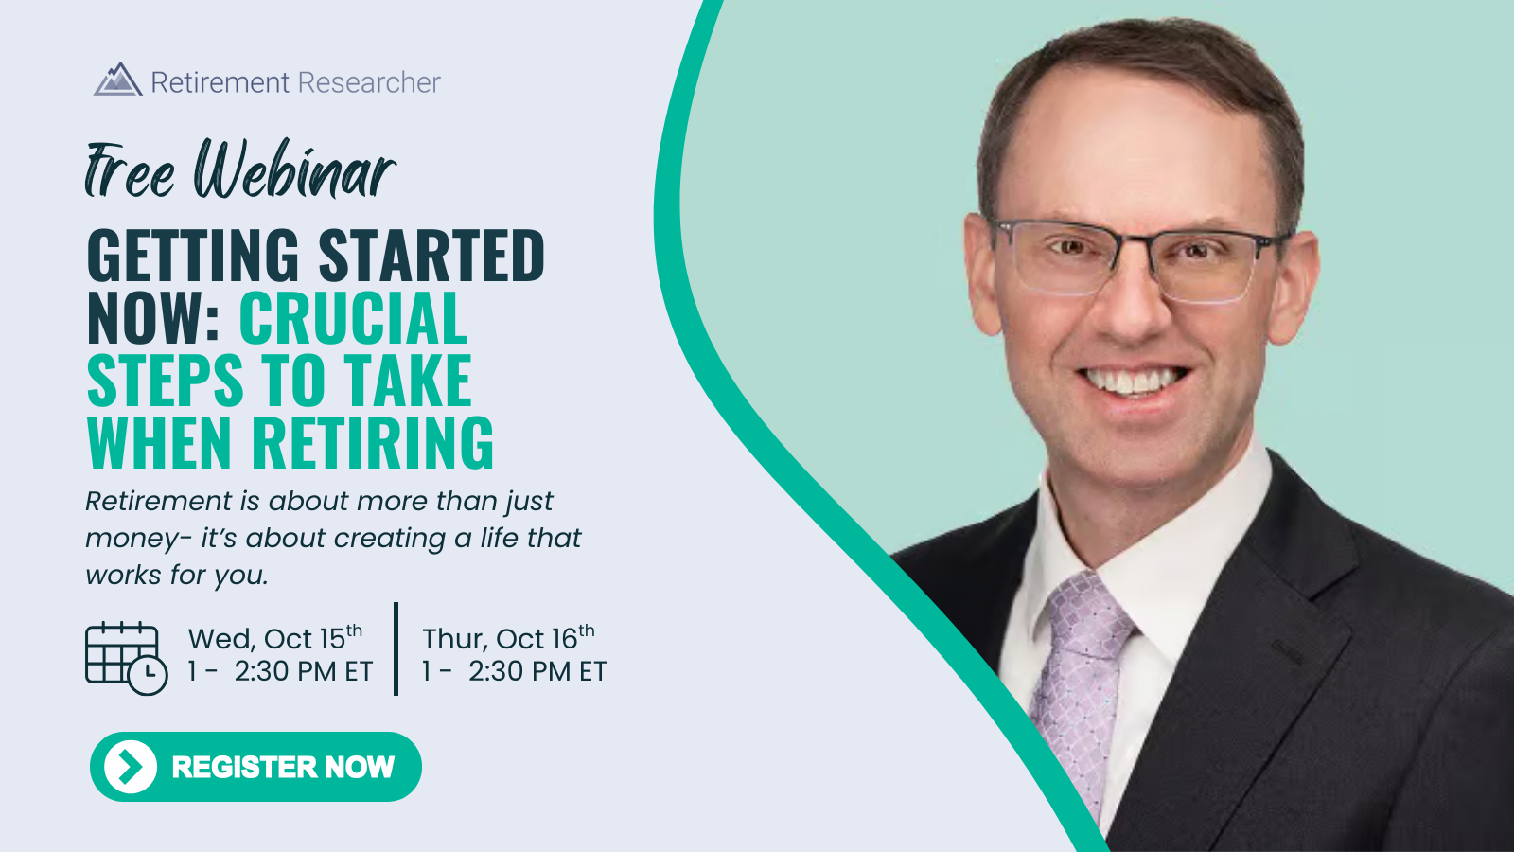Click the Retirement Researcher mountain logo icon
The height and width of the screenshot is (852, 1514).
(118, 80)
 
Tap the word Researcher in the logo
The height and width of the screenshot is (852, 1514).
(369, 82)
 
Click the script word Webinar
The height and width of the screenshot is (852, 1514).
(295, 169)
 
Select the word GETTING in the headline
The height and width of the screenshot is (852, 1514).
(193, 255)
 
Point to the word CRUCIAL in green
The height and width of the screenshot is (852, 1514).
(354, 318)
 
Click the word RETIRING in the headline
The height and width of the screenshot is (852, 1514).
(373, 442)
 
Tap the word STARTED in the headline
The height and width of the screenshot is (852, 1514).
(431, 255)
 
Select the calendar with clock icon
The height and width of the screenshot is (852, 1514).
(127, 658)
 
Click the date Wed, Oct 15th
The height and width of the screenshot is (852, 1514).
(275, 638)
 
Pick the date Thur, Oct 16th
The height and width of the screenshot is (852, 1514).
(508, 638)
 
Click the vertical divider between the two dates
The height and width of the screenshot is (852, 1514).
(396, 648)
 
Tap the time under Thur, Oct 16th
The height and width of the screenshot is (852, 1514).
(515, 671)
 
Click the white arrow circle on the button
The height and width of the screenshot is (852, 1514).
(131, 767)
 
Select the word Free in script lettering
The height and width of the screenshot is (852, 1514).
(130, 170)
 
